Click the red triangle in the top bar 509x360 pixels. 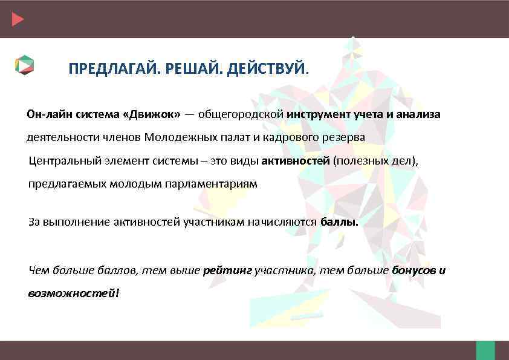18,19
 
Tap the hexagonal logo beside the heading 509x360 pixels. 25,65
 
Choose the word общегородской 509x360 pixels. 241,114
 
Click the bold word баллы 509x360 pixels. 339,222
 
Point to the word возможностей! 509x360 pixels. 74,293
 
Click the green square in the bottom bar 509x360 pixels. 485,350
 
